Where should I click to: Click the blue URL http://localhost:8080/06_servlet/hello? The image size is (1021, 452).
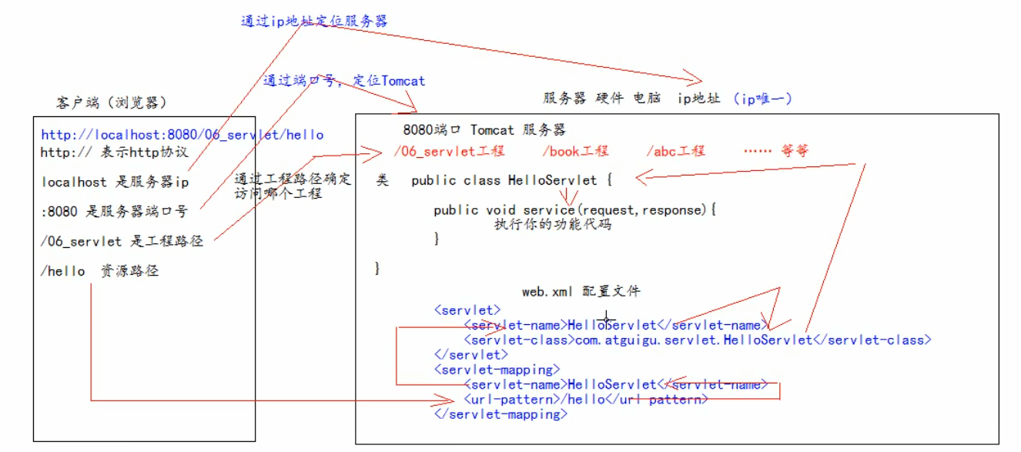pos(182,135)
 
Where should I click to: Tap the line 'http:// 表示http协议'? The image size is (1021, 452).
pos(114,152)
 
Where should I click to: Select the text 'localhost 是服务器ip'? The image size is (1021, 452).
pos(115,182)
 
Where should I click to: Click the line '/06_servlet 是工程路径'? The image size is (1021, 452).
pos(122,241)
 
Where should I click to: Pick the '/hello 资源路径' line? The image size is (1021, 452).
pos(99,271)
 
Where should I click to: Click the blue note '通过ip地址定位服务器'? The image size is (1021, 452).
pos(314,21)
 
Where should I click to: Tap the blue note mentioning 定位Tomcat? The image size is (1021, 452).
pos(343,80)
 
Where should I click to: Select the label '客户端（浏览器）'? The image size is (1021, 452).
pos(112,103)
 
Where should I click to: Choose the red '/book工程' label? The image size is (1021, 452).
pos(574,151)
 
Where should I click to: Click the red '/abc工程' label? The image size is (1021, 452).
pos(675,151)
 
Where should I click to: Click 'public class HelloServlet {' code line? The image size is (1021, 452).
pos(511,180)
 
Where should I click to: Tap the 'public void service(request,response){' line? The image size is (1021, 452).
pos(574,209)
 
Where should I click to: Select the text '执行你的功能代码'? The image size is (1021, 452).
pos(553,226)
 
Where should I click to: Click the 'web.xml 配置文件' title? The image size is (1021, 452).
pos(581,291)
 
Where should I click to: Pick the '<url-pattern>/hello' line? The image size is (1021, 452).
pos(585,400)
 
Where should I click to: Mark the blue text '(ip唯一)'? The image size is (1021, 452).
pos(762,99)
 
